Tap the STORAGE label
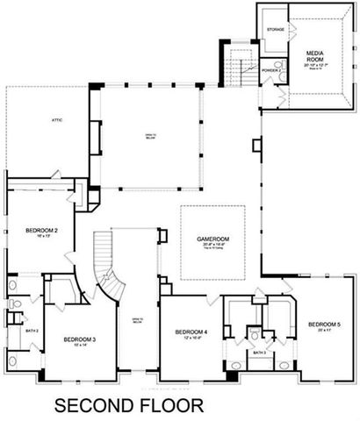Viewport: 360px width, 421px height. (275, 30)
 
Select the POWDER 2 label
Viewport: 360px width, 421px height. (270, 68)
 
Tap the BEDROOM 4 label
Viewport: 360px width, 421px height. (191, 332)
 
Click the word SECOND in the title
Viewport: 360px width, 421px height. (93, 405)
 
